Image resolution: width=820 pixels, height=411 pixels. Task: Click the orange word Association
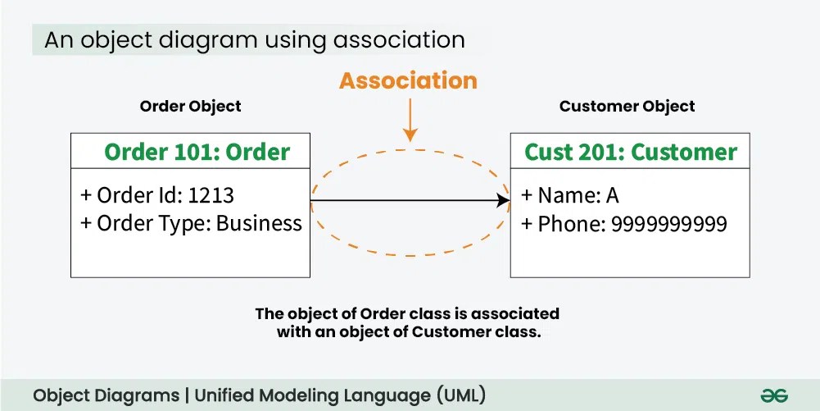[x=408, y=80]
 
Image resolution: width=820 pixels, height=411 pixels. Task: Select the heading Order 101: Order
[x=197, y=152]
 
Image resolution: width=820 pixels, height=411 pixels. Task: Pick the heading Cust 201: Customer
[x=631, y=152]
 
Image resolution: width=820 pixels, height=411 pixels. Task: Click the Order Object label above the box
[x=190, y=106]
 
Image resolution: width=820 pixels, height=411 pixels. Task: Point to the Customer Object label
[x=627, y=106]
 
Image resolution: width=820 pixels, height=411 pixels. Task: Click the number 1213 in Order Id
[x=211, y=195]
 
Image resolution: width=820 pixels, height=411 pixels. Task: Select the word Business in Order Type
[x=259, y=223]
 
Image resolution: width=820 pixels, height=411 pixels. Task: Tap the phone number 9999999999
[x=669, y=224]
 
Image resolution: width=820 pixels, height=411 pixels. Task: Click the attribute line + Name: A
[x=571, y=195]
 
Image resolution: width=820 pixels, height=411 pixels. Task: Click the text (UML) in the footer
[x=463, y=395]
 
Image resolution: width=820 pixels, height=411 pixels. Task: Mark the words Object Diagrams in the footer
[x=106, y=395]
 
